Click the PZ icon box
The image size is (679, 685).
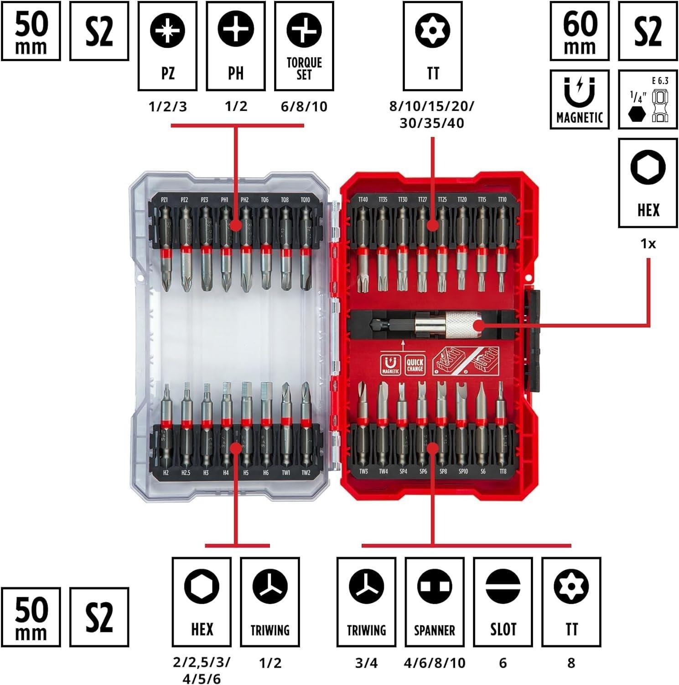coord(167,46)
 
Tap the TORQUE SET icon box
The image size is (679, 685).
coord(304,46)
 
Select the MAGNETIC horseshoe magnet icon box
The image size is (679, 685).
coord(579,99)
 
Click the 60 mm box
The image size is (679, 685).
coord(579,31)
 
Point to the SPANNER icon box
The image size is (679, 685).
coord(434,601)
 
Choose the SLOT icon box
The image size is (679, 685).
coord(503,601)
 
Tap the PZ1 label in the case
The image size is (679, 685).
coord(165,200)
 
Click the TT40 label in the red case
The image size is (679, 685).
coord(363,200)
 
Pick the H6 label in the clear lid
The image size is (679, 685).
coord(265,473)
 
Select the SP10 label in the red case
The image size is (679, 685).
coord(463,471)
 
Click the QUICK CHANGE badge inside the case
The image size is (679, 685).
coord(415,365)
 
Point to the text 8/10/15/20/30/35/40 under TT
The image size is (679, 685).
coord(431,115)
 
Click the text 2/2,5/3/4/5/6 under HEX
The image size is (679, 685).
coord(202,670)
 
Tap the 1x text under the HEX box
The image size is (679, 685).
coord(648,244)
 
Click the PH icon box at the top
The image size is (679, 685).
coord(236,46)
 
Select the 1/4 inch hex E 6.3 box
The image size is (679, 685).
coord(648,99)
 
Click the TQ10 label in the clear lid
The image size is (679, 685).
coord(305,200)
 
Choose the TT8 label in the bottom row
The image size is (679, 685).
coord(503,471)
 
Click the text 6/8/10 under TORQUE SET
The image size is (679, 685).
coord(304,107)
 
